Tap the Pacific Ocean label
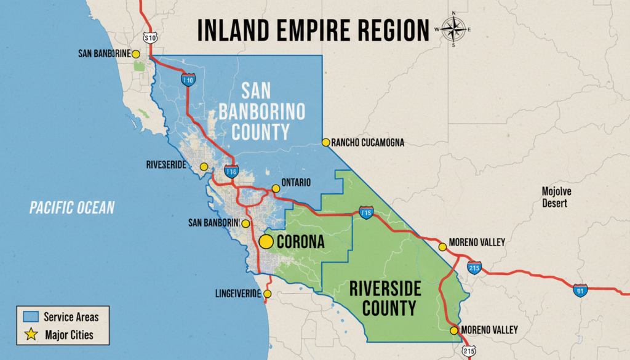[72, 207]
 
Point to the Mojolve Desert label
[556, 197]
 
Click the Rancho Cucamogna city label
[367, 143]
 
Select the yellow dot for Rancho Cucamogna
[325, 142]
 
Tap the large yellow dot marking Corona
[266, 242]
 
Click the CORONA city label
[300, 242]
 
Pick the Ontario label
[295, 182]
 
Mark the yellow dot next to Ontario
[276, 188]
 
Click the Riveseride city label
[166, 165]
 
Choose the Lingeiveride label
[238, 294]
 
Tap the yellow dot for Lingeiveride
[268, 294]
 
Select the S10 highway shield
[150, 38]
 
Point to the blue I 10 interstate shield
[188, 79]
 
